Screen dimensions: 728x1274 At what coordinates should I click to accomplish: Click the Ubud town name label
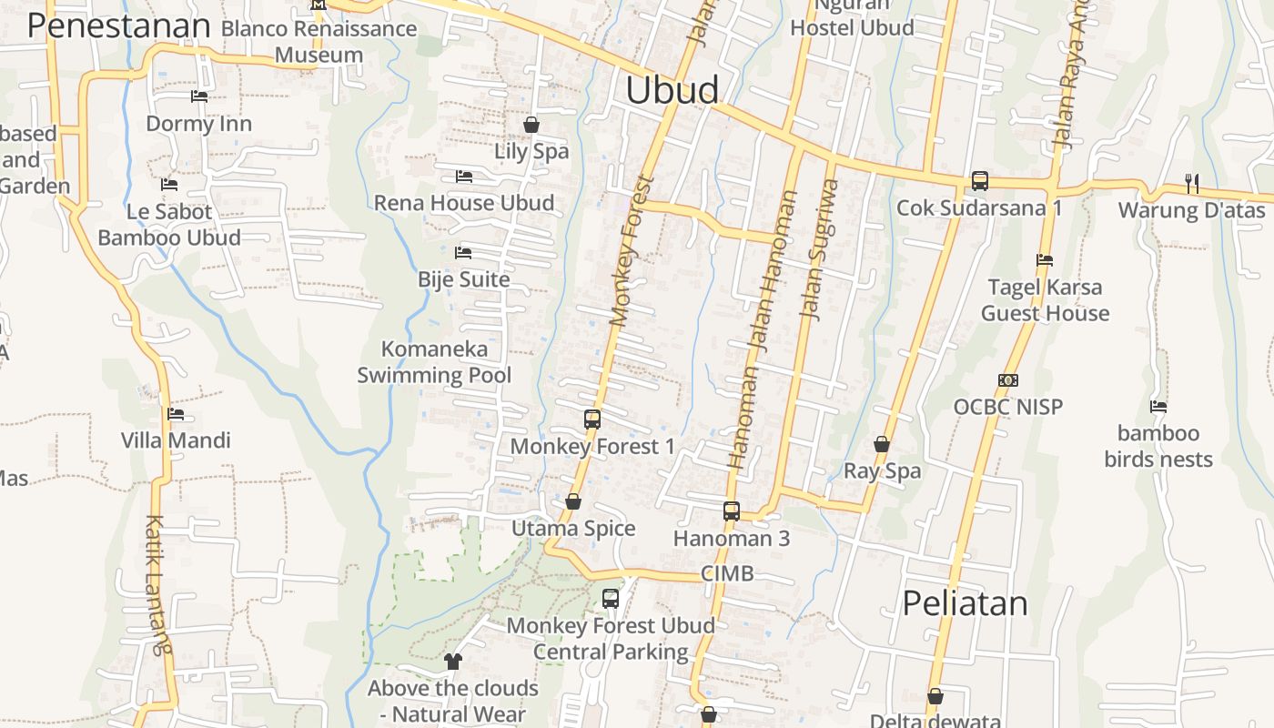click(x=672, y=90)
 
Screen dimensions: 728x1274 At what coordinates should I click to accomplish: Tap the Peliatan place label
click(x=965, y=603)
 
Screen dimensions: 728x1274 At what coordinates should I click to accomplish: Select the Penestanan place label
click(x=118, y=25)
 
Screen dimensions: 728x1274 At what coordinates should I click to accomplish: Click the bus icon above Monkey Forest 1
click(x=592, y=420)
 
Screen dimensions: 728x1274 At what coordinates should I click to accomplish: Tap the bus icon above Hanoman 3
click(x=732, y=511)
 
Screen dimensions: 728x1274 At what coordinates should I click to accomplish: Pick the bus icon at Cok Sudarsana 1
click(x=979, y=181)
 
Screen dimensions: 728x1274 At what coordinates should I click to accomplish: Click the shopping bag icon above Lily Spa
click(x=531, y=125)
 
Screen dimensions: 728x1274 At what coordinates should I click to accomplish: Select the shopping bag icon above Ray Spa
click(x=882, y=444)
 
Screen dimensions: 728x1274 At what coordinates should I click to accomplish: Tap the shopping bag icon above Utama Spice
click(x=573, y=501)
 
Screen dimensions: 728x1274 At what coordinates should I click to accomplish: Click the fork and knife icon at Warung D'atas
click(x=1191, y=183)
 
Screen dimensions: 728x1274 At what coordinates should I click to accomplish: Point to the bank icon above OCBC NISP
click(x=1007, y=380)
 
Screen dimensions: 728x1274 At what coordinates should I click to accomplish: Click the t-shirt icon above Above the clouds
click(x=453, y=662)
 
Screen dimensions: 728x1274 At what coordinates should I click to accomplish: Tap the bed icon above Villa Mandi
click(x=176, y=414)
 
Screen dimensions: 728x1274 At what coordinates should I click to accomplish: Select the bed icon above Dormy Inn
click(x=198, y=96)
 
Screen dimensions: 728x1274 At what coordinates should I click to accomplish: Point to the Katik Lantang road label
click(x=156, y=585)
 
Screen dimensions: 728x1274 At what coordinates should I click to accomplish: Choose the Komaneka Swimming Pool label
click(x=434, y=361)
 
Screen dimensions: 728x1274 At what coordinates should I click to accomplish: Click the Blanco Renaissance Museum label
click(x=318, y=41)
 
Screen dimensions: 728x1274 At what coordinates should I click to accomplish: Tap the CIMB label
click(x=727, y=573)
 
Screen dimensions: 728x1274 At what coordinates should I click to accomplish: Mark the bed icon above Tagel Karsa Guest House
click(x=1045, y=260)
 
